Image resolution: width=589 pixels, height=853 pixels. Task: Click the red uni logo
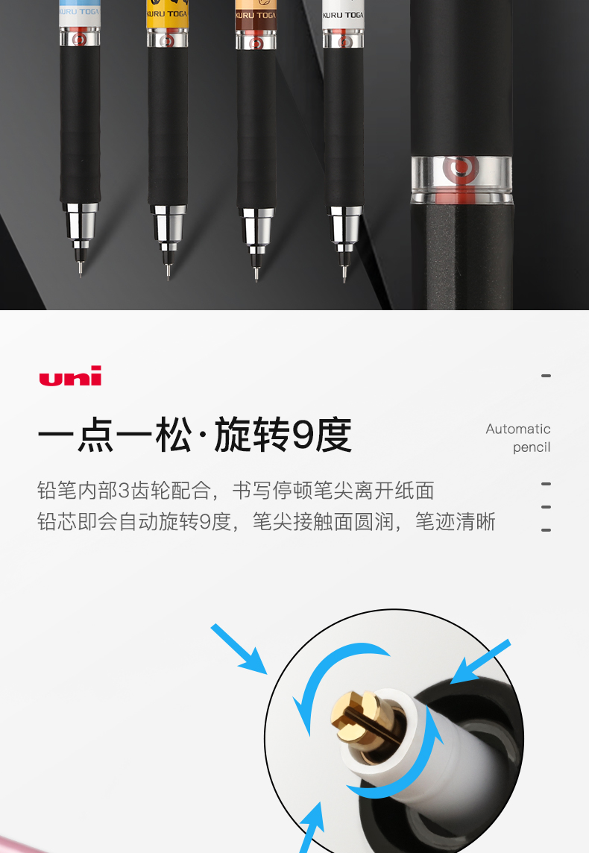(x=70, y=375)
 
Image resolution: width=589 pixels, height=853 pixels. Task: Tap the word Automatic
(x=517, y=429)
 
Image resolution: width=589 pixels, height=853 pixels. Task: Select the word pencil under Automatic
(x=532, y=447)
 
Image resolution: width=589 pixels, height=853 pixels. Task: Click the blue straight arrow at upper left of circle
(x=239, y=649)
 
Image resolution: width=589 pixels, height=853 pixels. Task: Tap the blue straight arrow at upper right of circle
(x=480, y=661)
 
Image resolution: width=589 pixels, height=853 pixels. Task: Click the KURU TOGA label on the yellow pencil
(x=167, y=14)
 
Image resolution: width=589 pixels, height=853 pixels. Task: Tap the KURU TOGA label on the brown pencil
(x=256, y=15)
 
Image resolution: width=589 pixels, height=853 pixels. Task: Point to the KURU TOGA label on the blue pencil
(x=80, y=11)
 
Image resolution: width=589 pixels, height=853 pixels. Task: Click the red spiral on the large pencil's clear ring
(x=460, y=168)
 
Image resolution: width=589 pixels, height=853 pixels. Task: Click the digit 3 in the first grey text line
(x=124, y=491)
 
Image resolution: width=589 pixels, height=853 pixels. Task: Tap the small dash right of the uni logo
(x=546, y=376)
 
